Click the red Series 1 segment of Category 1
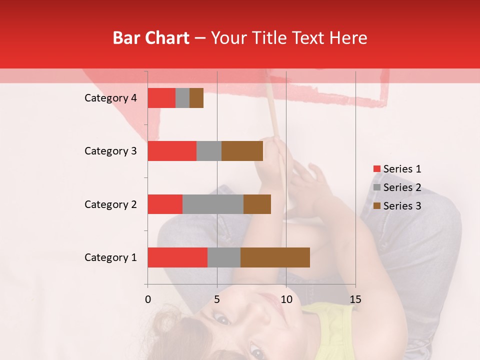[177, 257]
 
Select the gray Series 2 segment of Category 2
[213, 204]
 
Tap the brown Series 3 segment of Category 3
[242, 151]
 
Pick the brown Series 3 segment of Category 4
[196, 98]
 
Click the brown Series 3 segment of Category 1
[275, 257]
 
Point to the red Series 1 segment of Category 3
[172, 151]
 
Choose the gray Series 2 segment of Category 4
[182, 98]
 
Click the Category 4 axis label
[110, 98]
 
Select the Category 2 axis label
[110, 204]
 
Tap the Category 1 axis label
[110, 257]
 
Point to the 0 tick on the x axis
[148, 299]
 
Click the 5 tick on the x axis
[217, 299]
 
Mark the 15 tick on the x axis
[355, 299]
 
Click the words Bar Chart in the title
[151, 38]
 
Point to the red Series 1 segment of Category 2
[165, 204]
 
